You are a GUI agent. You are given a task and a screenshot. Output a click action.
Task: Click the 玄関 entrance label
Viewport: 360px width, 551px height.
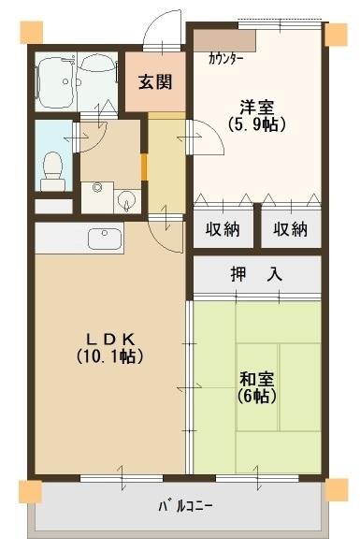tap(156, 81)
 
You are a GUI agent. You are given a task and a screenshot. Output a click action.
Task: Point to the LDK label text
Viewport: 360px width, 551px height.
tap(109, 338)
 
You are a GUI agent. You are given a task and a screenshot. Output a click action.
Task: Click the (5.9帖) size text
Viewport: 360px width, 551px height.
tap(255, 123)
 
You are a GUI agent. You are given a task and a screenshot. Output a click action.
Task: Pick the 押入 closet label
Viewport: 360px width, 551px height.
tap(256, 276)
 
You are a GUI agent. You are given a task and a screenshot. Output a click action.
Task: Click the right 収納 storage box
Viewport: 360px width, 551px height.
tap(290, 229)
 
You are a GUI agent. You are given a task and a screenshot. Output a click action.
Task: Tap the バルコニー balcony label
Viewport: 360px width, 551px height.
tap(184, 506)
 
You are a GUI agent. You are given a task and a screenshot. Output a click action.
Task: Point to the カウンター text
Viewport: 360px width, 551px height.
tap(226, 58)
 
